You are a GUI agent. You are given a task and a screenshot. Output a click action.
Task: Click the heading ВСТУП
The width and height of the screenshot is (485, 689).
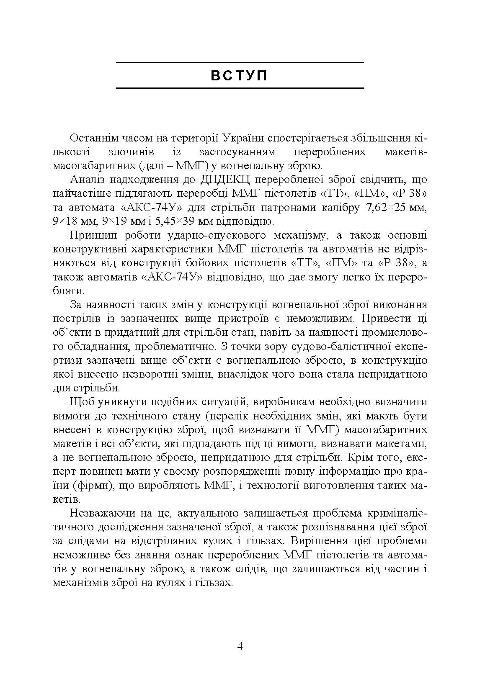[x=239, y=76]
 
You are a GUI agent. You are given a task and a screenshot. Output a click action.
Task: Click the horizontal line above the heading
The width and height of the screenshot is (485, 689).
[x=239, y=62]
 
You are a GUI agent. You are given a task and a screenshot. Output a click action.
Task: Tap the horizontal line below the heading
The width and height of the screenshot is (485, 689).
[x=239, y=88]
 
